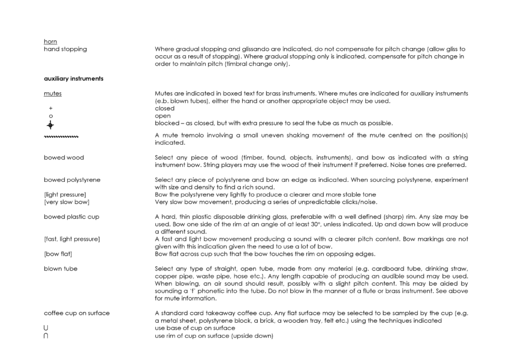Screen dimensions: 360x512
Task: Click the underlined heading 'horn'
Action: coord(50,41)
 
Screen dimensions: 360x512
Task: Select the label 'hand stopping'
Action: coord(65,49)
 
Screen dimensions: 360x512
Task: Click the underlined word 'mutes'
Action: coord(52,94)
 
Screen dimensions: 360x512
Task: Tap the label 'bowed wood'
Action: coord(64,157)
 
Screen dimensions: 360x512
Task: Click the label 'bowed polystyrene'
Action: coord(71,179)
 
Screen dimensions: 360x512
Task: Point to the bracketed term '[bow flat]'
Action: coord(58,253)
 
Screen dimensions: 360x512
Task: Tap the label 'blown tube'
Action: coord(60,268)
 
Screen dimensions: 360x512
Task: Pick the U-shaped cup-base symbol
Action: coord(46,327)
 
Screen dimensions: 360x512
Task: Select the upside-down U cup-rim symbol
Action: coord(46,334)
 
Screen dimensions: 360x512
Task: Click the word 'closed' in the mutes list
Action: coord(164,109)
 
